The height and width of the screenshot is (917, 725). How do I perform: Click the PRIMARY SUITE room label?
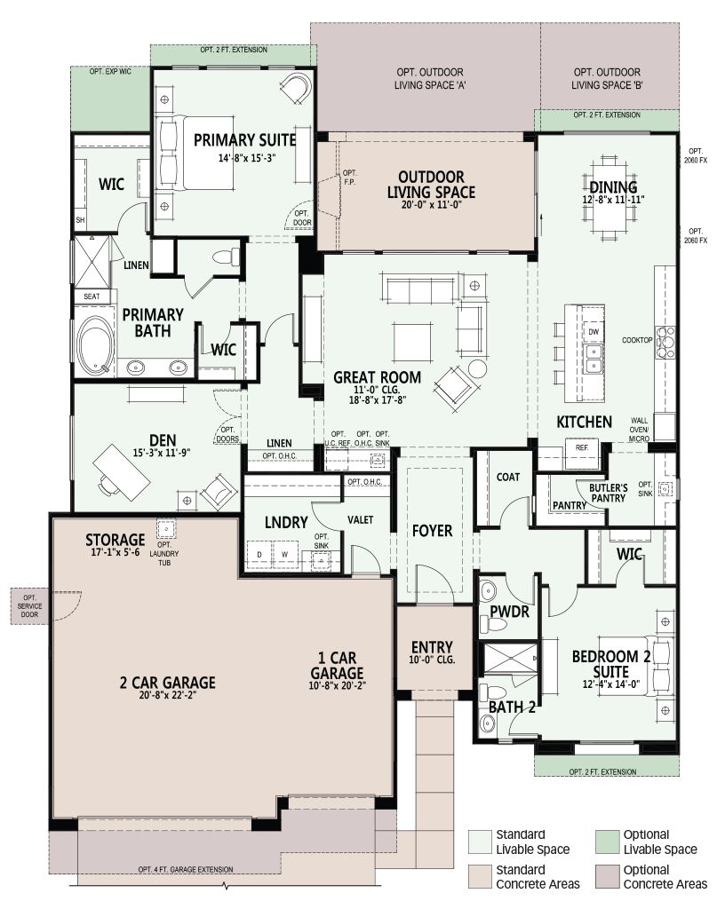click(x=244, y=140)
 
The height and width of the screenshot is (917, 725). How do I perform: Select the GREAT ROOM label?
click(x=377, y=378)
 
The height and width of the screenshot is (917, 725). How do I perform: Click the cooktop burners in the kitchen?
click(x=665, y=342)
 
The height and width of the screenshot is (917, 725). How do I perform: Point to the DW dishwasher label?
click(x=594, y=332)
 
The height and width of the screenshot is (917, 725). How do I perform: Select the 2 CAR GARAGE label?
click(x=167, y=683)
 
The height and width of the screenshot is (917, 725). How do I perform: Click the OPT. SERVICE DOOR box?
click(x=29, y=606)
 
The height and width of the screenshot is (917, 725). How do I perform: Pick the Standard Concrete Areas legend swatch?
click(x=479, y=876)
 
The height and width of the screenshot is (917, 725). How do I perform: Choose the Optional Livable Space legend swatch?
click(x=607, y=842)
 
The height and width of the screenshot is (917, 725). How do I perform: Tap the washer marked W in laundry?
click(x=284, y=554)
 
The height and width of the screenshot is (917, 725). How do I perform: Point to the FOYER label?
click(x=432, y=531)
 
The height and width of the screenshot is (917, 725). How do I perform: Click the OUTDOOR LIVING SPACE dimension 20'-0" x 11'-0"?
click(x=431, y=205)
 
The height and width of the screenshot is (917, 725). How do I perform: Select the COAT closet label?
click(x=508, y=478)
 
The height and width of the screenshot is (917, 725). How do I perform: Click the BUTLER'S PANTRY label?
click(x=609, y=493)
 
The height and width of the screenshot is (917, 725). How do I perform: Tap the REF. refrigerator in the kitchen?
click(x=582, y=455)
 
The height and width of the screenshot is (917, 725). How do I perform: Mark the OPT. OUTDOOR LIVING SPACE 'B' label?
click(x=607, y=78)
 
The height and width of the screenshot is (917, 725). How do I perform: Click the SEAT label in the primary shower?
click(x=92, y=296)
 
